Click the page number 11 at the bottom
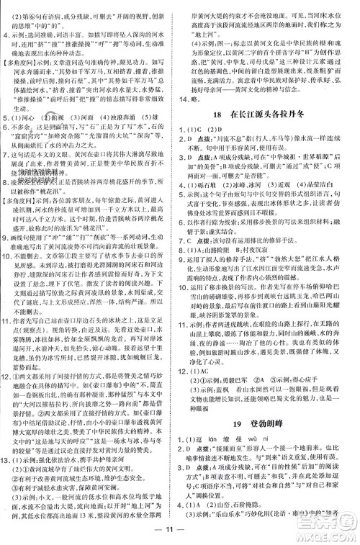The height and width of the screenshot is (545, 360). point(179,533)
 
